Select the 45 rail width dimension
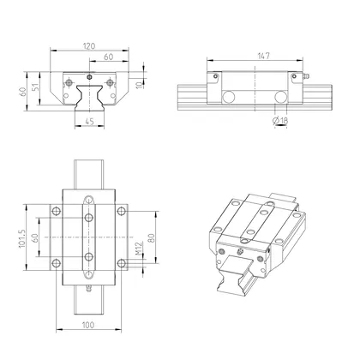(90, 121)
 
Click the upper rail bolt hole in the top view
(89, 203)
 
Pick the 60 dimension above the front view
(109, 57)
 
